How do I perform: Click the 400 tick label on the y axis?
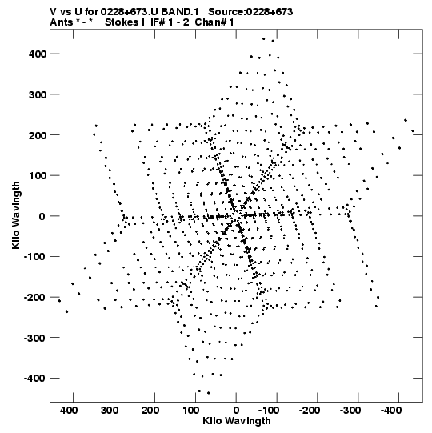38,54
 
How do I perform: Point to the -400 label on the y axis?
35,378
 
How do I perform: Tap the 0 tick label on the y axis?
42,216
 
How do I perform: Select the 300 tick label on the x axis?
110,411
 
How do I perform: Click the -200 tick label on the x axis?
310,411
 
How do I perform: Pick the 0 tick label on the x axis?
236,411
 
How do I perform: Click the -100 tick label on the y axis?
35,257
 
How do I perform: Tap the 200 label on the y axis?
38,135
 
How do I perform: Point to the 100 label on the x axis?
191,411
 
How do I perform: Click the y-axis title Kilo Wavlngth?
16,215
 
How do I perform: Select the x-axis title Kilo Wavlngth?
237,421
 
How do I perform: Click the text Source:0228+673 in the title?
250,12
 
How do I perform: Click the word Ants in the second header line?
61,22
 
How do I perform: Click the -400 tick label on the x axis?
391,411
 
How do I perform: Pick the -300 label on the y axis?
35,338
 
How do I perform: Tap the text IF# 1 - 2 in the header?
170,22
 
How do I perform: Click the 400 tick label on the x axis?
69,411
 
